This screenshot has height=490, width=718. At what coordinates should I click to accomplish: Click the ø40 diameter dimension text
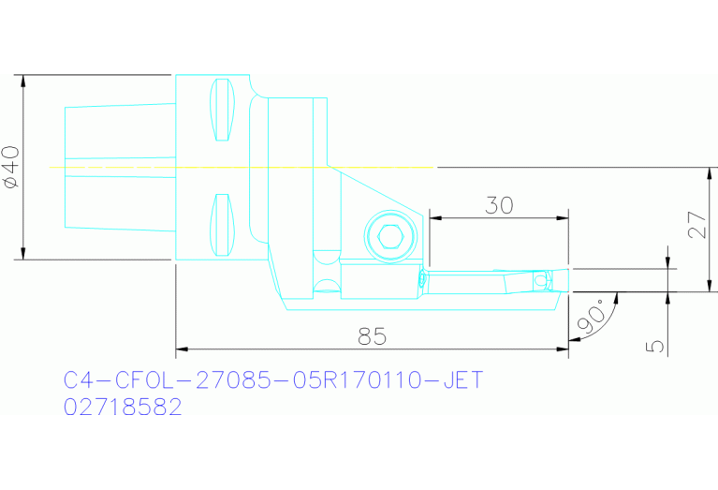coord(11,167)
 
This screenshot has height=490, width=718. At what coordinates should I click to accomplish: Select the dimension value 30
coord(499,205)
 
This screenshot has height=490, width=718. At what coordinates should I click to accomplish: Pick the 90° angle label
coord(591,319)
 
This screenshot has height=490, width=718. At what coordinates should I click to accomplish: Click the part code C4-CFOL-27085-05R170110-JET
coord(272,380)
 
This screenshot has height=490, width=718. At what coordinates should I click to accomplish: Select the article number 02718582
coord(123,408)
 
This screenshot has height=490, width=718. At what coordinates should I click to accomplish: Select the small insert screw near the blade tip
coord(539,279)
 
